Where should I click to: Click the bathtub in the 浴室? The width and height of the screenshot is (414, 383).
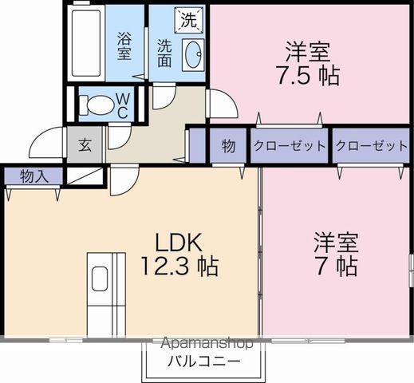(x=86, y=42)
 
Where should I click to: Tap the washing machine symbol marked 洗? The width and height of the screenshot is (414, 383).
(x=189, y=20)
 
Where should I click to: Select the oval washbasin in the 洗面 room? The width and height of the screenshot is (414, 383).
(x=193, y=55)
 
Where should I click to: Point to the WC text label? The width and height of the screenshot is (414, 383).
(x=123, y=106)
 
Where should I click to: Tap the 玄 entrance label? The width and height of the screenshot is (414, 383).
(x=85, y=145)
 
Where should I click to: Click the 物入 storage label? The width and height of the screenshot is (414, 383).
(x=34, y=176)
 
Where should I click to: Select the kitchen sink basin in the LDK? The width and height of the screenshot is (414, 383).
(x=100, y=278)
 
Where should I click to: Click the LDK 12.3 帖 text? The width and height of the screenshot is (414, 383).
(x=179, y=254)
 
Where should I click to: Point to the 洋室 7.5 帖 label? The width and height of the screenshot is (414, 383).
(x=308, y=63)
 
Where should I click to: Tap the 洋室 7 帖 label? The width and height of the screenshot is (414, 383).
(x=336, y=254)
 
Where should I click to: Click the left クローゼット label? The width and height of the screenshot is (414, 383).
(x=290, y=146)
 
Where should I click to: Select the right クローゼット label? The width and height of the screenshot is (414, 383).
(x=372, y=146)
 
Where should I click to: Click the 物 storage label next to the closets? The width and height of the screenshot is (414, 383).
(x=228, y=146)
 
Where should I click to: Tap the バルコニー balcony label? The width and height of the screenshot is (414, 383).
(x=204, y=361)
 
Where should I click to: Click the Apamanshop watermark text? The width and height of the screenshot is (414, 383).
(x=207, y=343)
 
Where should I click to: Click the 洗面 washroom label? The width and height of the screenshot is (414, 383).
(x=164, y=53)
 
